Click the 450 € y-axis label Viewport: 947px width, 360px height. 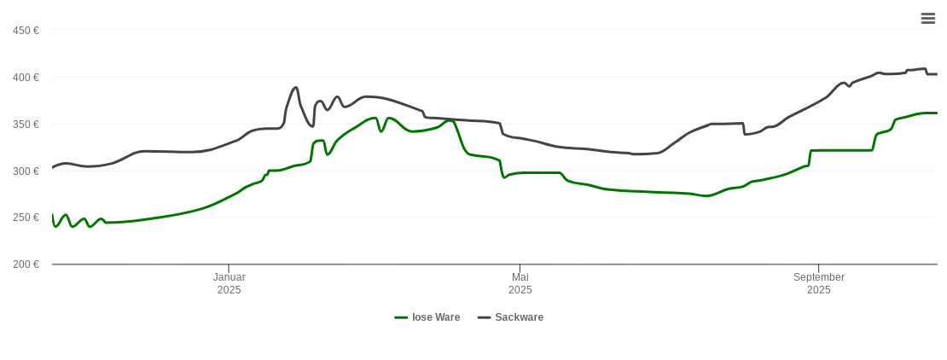(26, 31)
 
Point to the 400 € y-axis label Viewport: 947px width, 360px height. (26, 78)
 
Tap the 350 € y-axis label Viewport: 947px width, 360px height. (26, 125)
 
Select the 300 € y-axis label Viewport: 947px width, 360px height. (26, 171)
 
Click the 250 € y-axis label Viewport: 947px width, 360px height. (26, 218)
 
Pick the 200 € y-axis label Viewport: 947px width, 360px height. (26, 264)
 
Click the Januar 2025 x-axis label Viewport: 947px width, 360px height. (229, 283)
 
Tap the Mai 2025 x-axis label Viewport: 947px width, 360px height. (520, 283)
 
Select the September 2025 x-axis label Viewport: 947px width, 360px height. (818, 283)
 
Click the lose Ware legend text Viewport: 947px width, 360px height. (435, 317)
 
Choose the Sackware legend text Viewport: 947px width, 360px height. (519, 317)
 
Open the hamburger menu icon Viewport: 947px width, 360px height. (927, 18)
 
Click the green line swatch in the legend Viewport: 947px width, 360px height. (401, 317)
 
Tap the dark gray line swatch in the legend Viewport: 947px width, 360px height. (484, 317)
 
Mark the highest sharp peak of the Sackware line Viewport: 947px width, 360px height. (295, 87)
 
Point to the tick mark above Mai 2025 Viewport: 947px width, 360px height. (520, 268)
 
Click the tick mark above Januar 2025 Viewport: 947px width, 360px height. (229, 268)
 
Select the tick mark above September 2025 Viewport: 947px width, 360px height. (818, 268)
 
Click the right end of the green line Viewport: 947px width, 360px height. (937, 113)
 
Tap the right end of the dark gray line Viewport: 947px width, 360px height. (937, 74)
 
